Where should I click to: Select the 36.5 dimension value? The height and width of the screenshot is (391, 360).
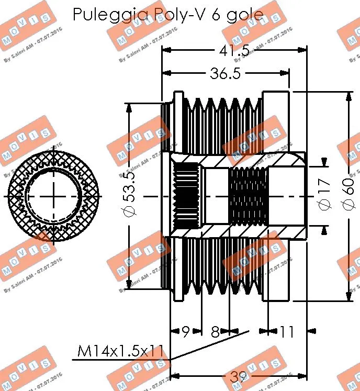pyautogui.click(x=225, y=74)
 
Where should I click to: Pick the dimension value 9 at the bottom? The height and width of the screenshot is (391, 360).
pyautogui.click(x=186, y=331)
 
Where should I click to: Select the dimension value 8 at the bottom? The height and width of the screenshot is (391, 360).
pyautogui.click(x=215, y=331)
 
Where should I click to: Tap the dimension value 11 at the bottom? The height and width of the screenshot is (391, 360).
pyautogui.click(x=287, y=331)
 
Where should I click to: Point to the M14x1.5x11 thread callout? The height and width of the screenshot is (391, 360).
pyautogui.click(x=120, y=351)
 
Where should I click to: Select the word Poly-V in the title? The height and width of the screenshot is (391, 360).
pyautogui.click(x=177, y=15)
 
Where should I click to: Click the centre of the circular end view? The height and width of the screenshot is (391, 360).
pyautogui.click(x=54, y=195)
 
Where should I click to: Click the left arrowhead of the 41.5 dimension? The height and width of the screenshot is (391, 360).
pyautogui.click(x=166, y=51)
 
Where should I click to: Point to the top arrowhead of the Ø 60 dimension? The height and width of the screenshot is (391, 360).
pyautogui.click(x=350, y=95)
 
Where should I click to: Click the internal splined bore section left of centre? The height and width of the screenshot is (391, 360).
pyautogui.click(x=185, y=196)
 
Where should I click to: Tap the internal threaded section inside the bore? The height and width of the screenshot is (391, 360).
pyautogui.click(x=249, y=196)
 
